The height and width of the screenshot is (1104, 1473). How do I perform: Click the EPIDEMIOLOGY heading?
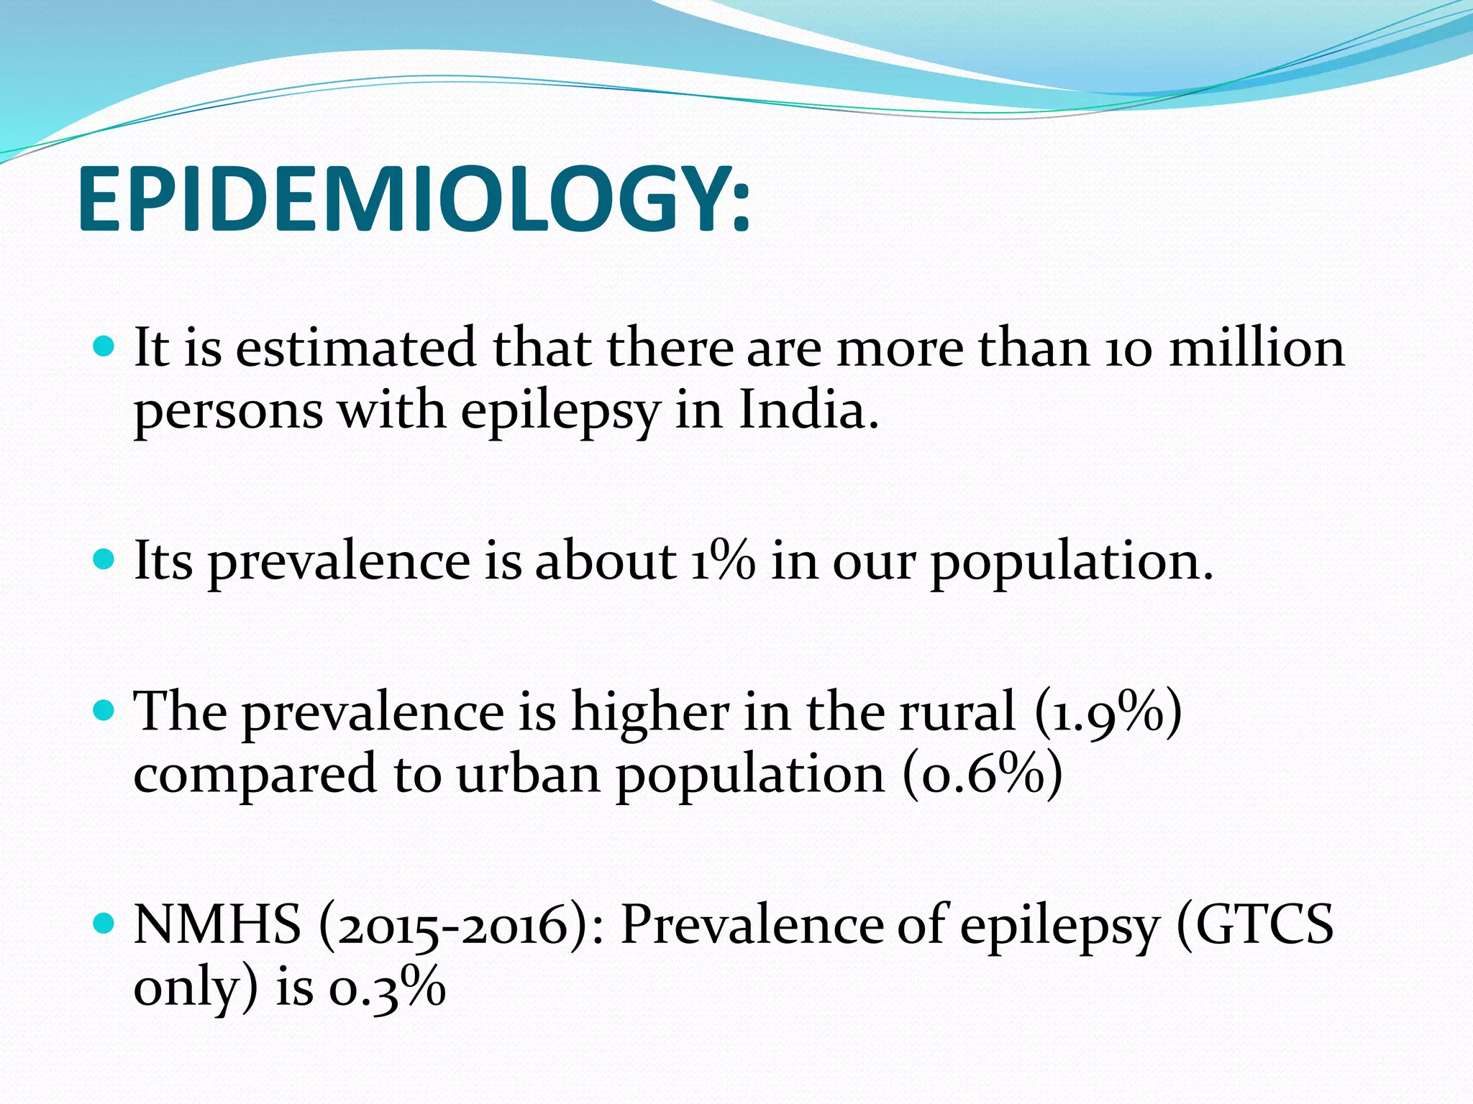coord(414,199)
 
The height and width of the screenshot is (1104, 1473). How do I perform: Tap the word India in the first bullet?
coord(808,411)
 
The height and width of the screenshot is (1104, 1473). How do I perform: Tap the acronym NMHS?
coord(217,925)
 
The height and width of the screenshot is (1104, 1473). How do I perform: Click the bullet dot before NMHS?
coord(104,924)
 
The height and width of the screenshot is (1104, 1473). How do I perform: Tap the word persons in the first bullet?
coord(228,413)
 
